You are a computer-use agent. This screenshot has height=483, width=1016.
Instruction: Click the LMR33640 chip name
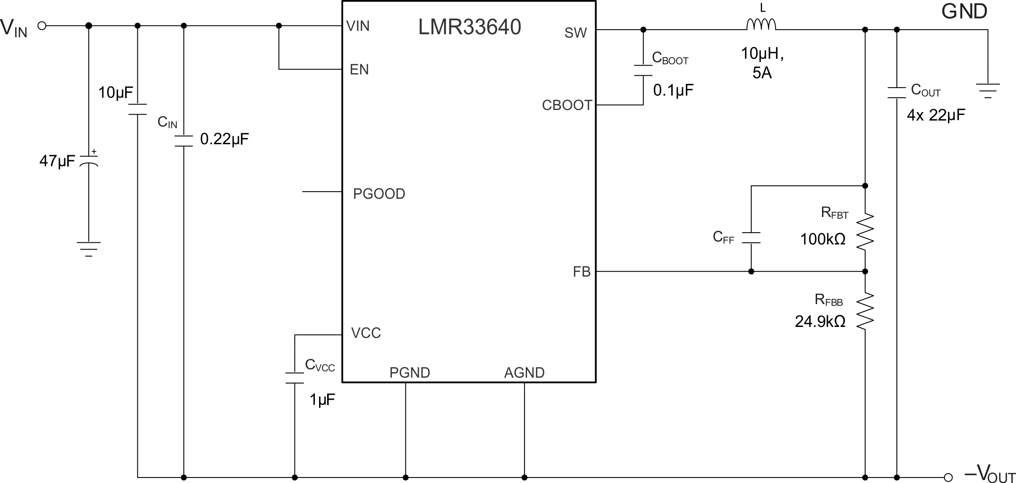pyautogui.click(x=469, y=27)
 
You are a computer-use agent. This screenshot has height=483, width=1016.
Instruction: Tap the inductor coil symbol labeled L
pyautogui.click(x=761, y=25)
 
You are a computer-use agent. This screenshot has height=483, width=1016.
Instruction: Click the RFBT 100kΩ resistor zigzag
pyautogui.click(x=865, y=231)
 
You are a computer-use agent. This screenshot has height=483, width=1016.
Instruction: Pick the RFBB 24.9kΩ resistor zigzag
pyautogui.click(x=865, y=311)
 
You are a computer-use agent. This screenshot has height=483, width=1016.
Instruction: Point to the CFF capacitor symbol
pyautogui.click(x=751, y=238)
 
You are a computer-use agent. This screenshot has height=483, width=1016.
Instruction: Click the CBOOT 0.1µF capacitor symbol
pyautogui.click(x=643, y=71)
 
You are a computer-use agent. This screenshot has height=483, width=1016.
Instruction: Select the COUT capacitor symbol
pyautogui.click(x=897, y=93)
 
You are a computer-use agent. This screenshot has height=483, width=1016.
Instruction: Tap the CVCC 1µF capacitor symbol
pyautogui.click(x=295, y=378)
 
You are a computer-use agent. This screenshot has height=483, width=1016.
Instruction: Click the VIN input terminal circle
pyautogui.click(x=42, y=26)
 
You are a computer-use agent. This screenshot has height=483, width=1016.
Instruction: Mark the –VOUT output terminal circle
pyautogui.click(x=948, y=478)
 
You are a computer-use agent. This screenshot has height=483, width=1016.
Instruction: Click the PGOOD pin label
pyautogui.click(x=379, y=194)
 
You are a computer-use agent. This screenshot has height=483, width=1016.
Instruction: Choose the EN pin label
pyautogui.click(x=359, y=70)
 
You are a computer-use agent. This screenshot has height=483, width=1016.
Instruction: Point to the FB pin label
pyautogui.click(x=582, y=272)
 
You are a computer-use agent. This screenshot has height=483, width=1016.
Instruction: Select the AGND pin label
pyautogui.click(x=524, y=373)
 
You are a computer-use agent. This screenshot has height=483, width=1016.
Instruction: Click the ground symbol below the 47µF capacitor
pyautogui.click(x=89, y=249)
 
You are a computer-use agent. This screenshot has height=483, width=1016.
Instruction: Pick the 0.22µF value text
pyautogui.click(x=224, y=139)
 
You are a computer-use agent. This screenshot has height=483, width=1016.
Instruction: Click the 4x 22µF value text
pyautogui.click(x=936, y=115)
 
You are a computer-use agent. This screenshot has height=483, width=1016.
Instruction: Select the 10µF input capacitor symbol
pyautogui.click(x=137, y=110)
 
